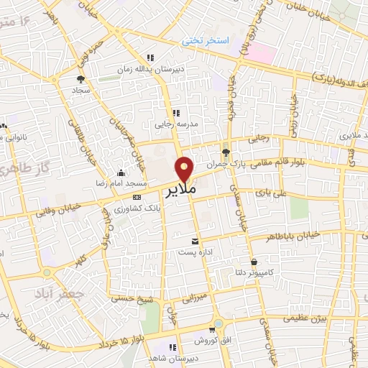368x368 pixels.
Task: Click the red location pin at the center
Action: coord(185,169)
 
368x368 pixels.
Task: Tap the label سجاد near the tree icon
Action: coord(80,91)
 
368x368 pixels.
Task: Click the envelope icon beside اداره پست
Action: coord(195,242)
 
